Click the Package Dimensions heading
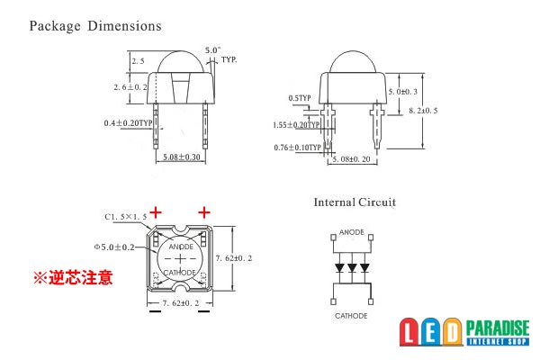pyautogui.click(x=95, y=26)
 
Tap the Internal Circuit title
pyautogui.click(x=355, y=202)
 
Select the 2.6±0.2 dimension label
pyautogui.click(x=130, y=87)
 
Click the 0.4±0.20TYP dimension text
pyautogui.click(x=128, y=123)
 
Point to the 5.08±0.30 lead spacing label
pyautogui.click(x=182, y=157)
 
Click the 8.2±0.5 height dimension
pyautogui.click(x=423, y=111)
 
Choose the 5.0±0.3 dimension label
pyautogui.click(x=403, y=92)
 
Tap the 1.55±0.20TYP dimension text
pyautogui.click(x=296, y=125)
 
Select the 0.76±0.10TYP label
pyautogui.click(x=298, y=148)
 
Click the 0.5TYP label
pyautogui.click(x=300, y=98)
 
